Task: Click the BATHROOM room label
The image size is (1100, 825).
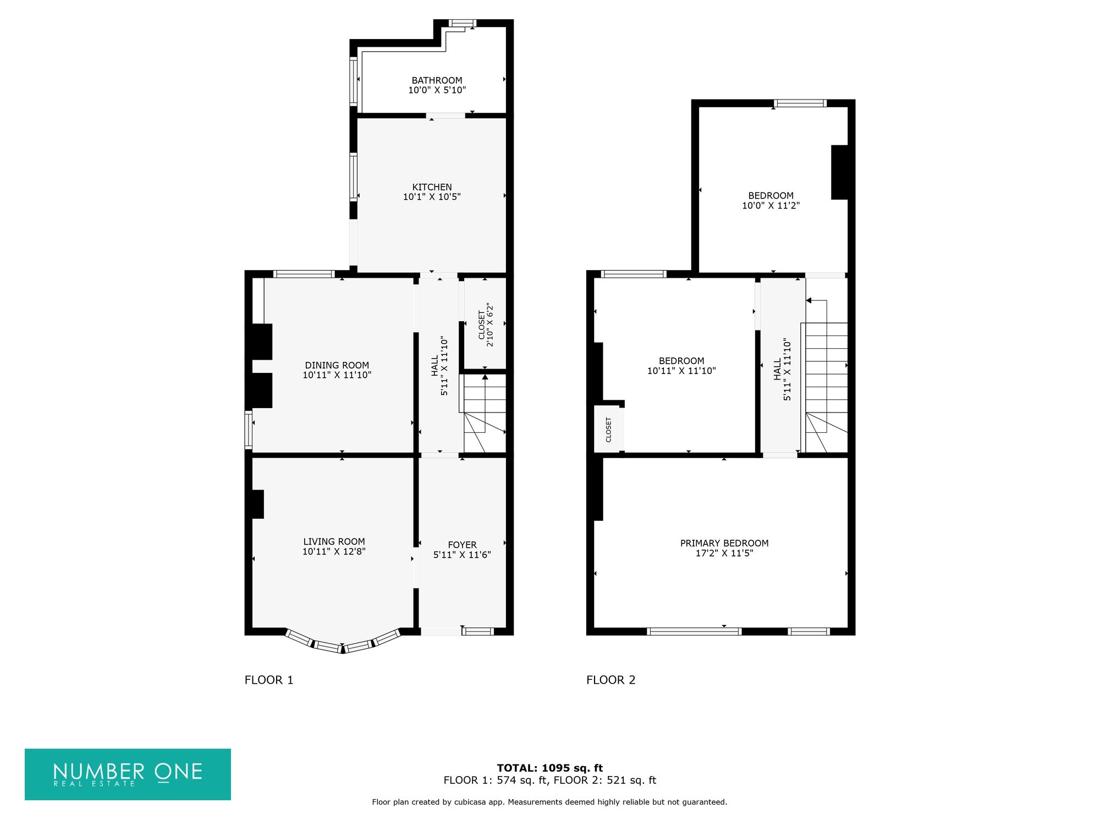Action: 437,80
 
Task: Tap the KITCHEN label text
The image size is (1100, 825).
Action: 432,187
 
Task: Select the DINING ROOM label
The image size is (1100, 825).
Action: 337,365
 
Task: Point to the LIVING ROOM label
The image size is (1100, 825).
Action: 334,542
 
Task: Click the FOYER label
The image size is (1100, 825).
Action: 462,545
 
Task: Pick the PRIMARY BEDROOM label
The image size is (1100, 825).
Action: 724,543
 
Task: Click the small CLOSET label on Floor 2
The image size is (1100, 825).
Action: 608,430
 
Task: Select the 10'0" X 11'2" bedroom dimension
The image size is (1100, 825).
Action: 771,206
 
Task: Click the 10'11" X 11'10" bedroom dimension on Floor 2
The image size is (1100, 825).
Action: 681,371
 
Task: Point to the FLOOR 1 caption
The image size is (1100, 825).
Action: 269,680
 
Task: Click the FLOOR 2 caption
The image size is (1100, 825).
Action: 610,680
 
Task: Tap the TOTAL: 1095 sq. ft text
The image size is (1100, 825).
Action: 549,768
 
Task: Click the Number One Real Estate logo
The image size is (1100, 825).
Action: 128,774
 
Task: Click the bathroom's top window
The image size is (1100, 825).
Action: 461,23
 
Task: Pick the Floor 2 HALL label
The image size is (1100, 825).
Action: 777,370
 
